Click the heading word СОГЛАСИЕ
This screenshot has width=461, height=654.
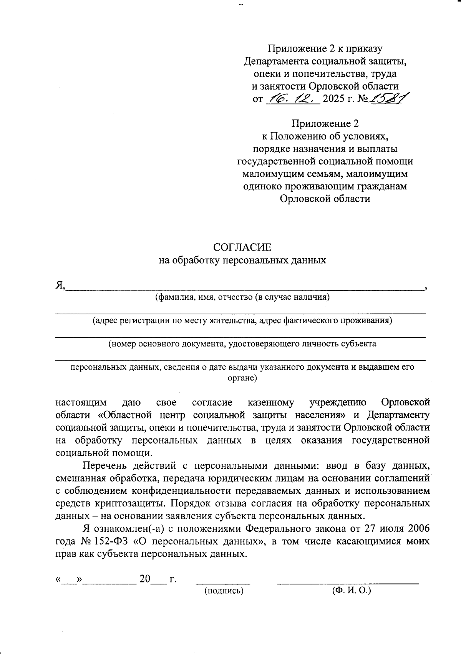pos(242,247)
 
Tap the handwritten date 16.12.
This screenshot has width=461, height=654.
pos(292,99)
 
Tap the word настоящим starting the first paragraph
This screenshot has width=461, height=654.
pos(81,403)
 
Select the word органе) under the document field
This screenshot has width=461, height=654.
pos(242,378)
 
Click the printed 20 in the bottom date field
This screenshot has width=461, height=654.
pos(145,579)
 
